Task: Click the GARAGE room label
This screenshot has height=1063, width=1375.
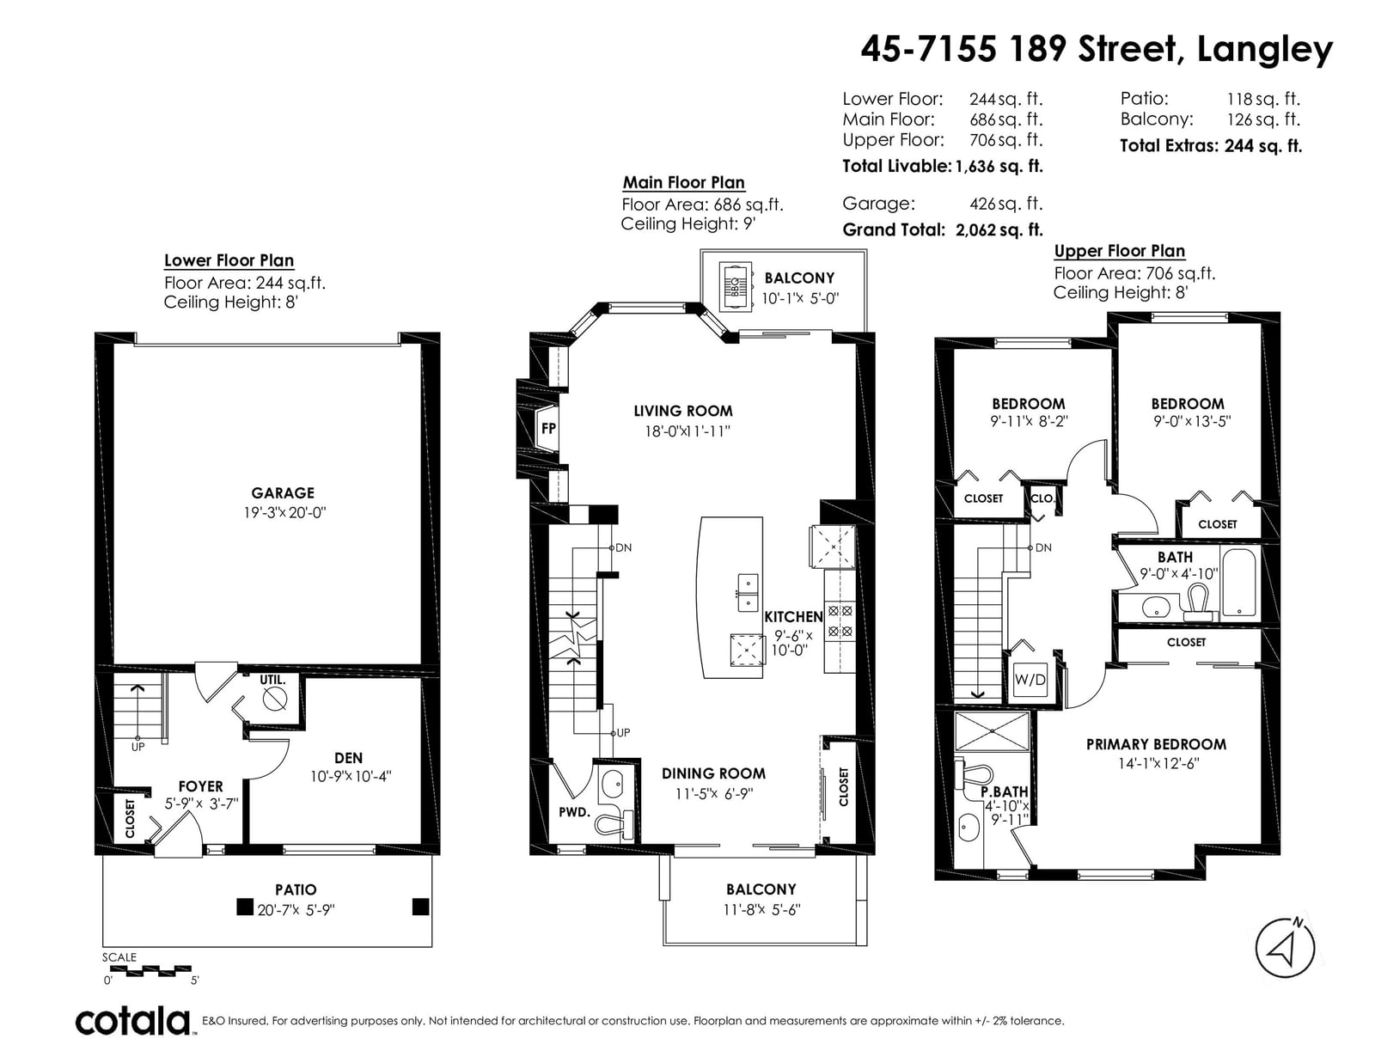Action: [x=282, y=492]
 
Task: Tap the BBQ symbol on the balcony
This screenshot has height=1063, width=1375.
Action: [x=736, y=287]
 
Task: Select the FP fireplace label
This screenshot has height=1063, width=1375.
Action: [x=548, y=428]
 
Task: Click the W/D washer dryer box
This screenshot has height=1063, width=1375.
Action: [x=1030, y=680]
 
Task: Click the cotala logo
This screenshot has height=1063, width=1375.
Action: [x=133, y=1021]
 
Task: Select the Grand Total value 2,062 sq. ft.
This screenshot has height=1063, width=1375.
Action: [x=999, y=229]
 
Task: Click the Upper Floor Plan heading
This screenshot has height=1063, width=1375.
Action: [x=1120, y=251]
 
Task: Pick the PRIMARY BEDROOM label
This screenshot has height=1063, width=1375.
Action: [x=1156, y=744]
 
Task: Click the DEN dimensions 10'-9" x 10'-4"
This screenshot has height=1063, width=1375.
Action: [x=351, y=776]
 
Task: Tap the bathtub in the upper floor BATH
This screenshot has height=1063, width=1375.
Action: [x=1239, y=582]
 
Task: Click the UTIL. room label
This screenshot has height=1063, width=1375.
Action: [x=272, y=681]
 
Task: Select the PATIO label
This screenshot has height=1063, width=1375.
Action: [x=296, y=889]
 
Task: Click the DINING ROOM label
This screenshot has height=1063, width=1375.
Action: [x=713, y=773]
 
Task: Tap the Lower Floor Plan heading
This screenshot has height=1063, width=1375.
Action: [x=229, y=260]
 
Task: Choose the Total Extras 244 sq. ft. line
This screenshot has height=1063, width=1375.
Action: [x=1211, y=146]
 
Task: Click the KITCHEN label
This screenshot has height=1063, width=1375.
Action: [x=793, y=616]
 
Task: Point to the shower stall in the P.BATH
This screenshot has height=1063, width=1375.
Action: [x=993, y=731]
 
